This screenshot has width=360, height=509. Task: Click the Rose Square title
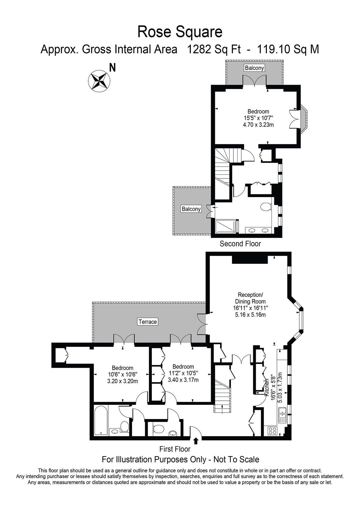click(x=180, y=32)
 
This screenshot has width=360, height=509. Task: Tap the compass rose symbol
click(x=99, y=81)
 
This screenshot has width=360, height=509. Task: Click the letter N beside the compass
click(x=112, y=68)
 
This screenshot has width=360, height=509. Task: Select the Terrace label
click(x=148, y=322)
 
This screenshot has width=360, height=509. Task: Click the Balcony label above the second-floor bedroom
click(x=254, y=68)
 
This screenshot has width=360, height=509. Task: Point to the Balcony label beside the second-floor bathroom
click(x=191, y=209)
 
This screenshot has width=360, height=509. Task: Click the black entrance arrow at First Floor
click(x=196, y=441)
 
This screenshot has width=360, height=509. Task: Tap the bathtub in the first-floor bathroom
click(x=101, y=420)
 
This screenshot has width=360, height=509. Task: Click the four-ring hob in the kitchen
click(x=272, y=430)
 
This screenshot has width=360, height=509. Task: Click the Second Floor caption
click(x=240, y=244)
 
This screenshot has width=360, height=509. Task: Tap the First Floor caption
click(x=175, y=449)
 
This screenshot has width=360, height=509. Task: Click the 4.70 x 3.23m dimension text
click(x=258, y=125)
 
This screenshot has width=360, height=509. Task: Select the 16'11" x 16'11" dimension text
click(x=250, y=308)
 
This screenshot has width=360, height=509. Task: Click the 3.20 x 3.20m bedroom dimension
click(x=123, y=381)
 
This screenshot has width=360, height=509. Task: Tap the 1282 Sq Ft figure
click(x=214, y=49)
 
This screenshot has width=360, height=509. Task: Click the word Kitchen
click(x=267, y=387)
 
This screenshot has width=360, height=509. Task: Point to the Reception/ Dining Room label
click(x=250, y=298)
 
